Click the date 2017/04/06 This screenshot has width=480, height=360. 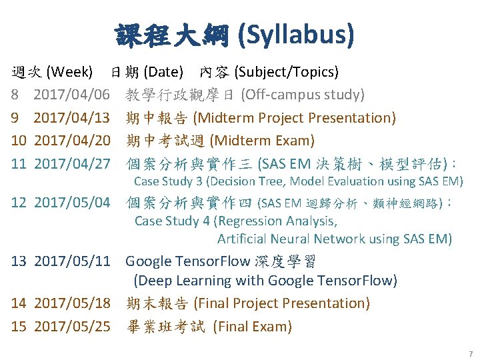71,95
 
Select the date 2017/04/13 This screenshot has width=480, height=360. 71,118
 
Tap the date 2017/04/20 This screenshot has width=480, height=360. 71,141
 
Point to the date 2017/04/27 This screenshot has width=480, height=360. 71,163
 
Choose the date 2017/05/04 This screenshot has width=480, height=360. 71,202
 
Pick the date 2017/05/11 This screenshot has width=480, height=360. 71,261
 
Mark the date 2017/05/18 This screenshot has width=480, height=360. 71,303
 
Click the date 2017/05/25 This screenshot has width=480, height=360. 71,327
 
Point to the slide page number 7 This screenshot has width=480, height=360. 470,353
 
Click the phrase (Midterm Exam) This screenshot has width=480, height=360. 262,141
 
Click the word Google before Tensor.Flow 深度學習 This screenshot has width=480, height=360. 148,261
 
